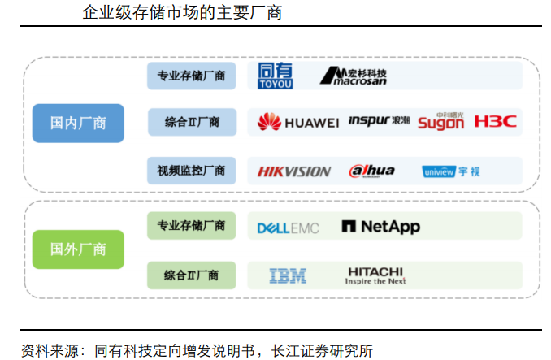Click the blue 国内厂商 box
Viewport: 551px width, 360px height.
(x=78, y=124)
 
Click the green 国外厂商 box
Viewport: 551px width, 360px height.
(x=78, y=249)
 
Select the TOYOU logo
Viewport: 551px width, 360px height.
(x=275, y=76)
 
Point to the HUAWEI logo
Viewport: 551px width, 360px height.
(x=297, y=123)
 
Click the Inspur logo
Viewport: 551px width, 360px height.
(x=379, y=121)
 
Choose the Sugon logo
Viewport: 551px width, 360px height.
(x=440, y=122)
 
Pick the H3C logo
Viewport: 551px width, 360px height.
(x=495, y=122)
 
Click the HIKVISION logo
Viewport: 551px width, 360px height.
(x=293, y=171)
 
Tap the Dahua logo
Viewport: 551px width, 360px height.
(x=371, y=171)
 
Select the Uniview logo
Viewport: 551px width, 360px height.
(x=451, y=171)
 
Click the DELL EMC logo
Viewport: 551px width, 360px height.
(x=288, y=228)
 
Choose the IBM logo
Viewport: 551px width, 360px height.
(x=288, y=276)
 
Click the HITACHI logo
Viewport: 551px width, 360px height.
(x=375, y=275)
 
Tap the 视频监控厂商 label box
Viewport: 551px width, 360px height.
(x=191, y=171)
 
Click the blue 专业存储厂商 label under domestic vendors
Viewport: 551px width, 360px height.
(x=191, y=76)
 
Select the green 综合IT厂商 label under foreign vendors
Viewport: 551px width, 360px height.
(x=191, y=275)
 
